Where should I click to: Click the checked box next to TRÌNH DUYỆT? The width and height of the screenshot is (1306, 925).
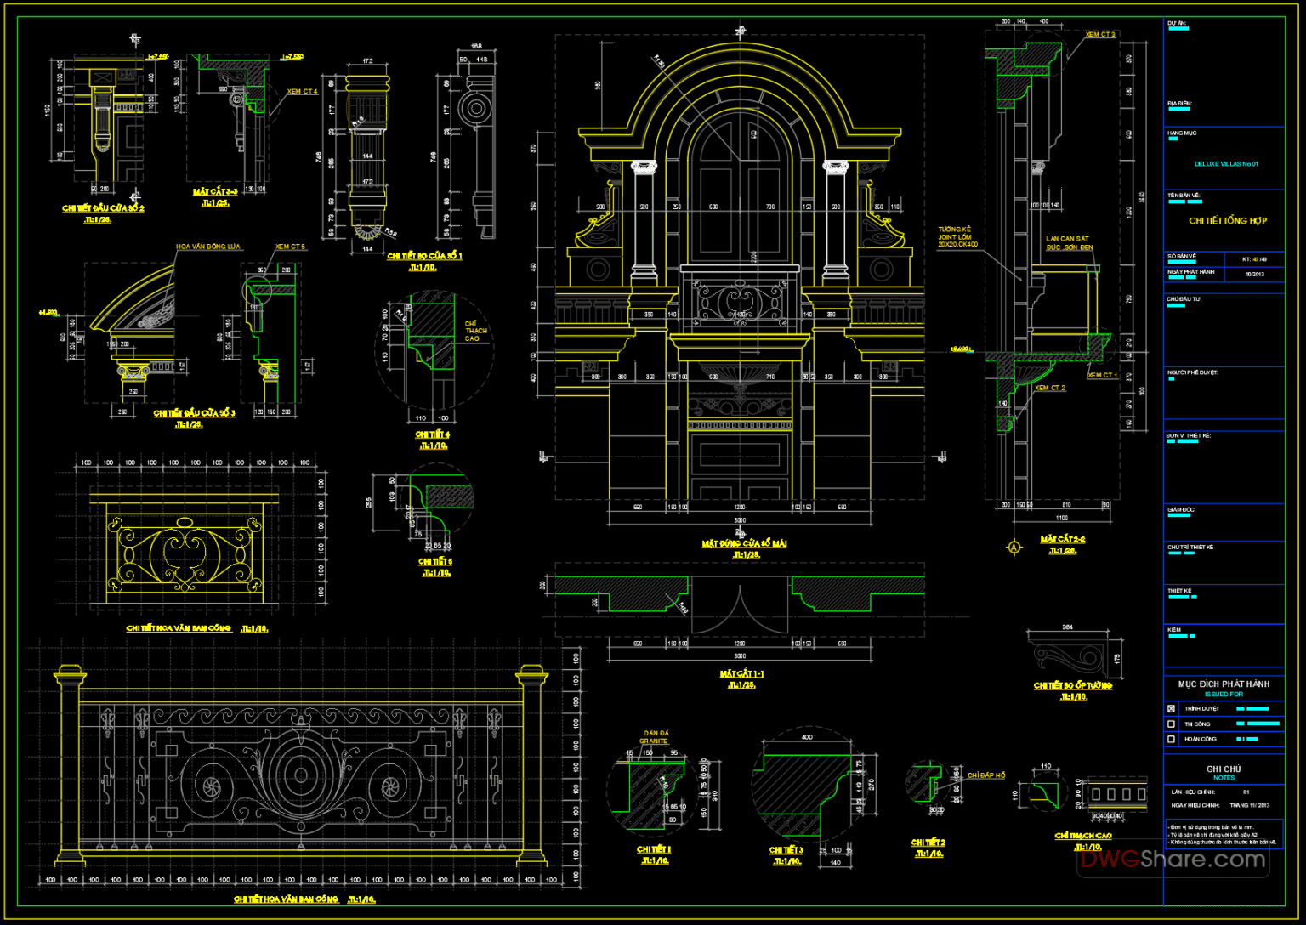[x=1171, y=708]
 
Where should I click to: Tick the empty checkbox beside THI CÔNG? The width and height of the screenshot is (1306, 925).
[x=1171, y=724]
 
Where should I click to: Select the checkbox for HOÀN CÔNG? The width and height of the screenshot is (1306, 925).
[x=1171, y=739]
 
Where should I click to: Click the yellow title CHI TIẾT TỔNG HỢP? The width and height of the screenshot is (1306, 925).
[x=1227, y=221]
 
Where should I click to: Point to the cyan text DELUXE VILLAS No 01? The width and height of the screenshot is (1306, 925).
[x=1225, y=164]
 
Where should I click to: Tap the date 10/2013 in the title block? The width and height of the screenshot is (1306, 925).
[x=1254, y=274]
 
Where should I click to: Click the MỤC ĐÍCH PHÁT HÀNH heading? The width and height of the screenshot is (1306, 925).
[x=1224, y=684]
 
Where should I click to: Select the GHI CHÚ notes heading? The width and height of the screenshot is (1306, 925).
[x=1224, y=769]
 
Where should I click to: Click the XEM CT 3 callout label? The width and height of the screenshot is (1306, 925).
[x=1100, y=35]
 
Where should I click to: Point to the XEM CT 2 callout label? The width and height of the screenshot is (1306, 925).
[x=1050, y=388]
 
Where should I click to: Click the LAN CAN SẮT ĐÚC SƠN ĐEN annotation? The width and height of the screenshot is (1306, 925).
[x=1069, y=243]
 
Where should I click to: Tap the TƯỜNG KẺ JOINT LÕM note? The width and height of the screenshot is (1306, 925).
[x=957, y=236]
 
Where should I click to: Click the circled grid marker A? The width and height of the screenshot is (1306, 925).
[x=1014, y=548]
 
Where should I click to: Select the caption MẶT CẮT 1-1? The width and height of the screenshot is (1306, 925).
[x=741, y=674]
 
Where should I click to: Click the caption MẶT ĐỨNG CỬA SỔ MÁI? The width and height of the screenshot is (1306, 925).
[x=744, y=543]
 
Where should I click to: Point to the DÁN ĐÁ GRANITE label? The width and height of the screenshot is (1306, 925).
[x=656, y=736]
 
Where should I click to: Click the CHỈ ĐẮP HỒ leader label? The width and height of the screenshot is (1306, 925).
[x=985, y=775]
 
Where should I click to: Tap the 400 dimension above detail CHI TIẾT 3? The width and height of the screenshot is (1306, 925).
[x=806, y=737]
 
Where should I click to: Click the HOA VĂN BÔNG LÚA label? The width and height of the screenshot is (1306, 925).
[x=208, y=247]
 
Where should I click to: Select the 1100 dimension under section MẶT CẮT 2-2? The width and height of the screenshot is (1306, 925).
[x=1061, y=518]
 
